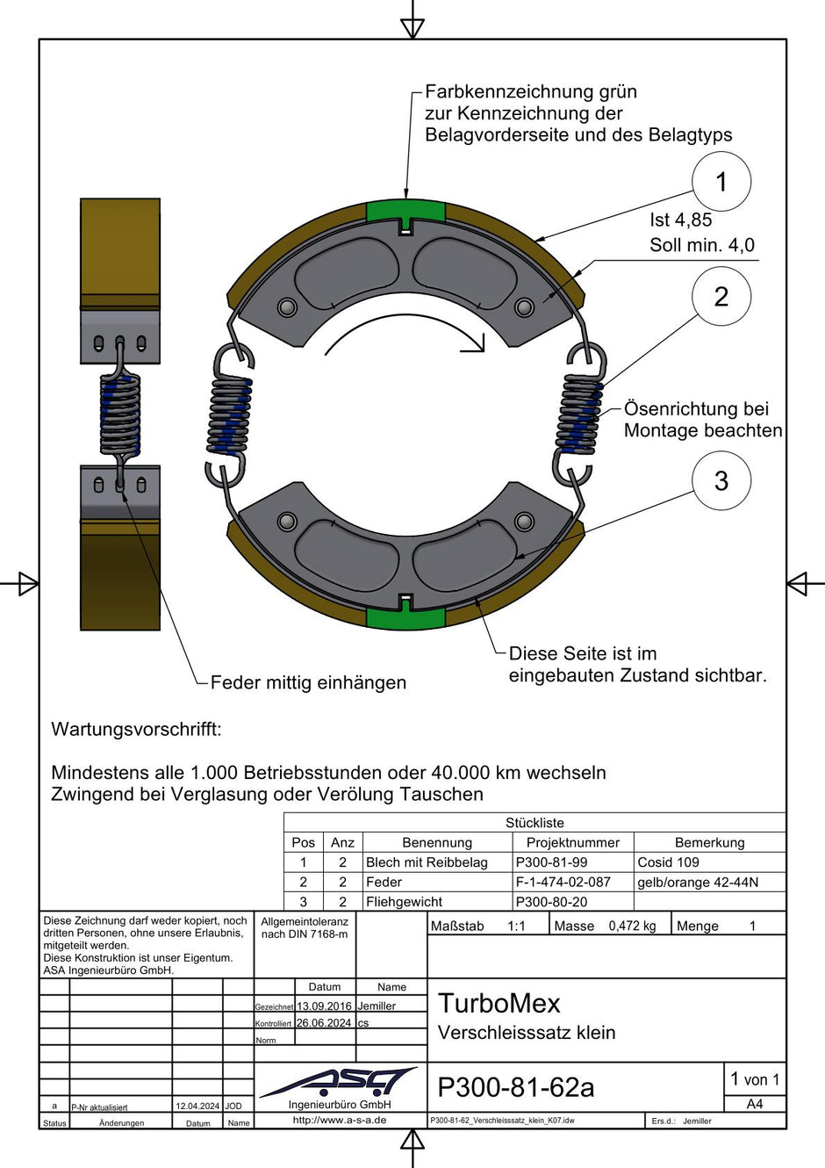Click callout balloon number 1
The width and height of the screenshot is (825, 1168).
[721, 182]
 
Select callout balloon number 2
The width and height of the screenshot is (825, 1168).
[721, 297]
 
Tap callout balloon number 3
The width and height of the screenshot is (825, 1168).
[721, 480]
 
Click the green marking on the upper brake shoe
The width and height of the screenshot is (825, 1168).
[405, 212]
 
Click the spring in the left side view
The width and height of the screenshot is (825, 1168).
[120, 413]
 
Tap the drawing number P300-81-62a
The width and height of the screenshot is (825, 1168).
[515, 1087]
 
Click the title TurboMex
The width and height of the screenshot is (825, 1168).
[499, 1003]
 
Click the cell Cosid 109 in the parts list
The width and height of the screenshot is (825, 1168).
[668, 862]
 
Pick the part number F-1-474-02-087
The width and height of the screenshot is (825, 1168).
[563, 882]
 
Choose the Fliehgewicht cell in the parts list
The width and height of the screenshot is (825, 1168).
[404, 902]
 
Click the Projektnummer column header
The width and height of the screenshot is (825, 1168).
[572, 842]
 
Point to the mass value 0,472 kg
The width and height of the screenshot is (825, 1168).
[632, 926]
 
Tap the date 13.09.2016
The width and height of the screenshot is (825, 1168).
[324, 1006]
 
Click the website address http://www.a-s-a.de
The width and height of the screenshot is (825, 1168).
[340, 1120]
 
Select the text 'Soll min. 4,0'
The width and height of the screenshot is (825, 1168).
[701, 245]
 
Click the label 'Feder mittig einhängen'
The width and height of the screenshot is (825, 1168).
[308, 682]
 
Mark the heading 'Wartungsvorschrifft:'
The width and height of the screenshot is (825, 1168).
[136, 729]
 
